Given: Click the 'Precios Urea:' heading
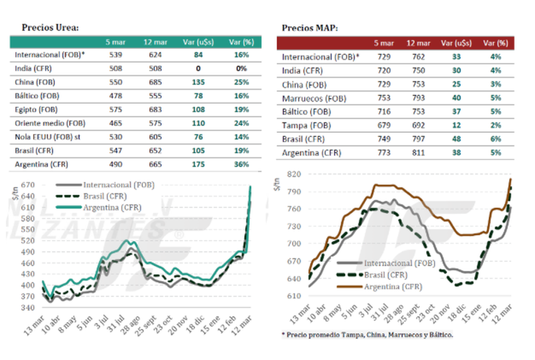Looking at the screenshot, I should [50, 28].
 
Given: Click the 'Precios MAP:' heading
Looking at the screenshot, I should [310, 28].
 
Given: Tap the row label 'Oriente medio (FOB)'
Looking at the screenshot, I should [50, 123].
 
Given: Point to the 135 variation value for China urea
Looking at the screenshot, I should [199, 82].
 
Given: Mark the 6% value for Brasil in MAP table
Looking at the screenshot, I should [495, 139].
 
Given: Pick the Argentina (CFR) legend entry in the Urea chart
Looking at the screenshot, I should [112, 207].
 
